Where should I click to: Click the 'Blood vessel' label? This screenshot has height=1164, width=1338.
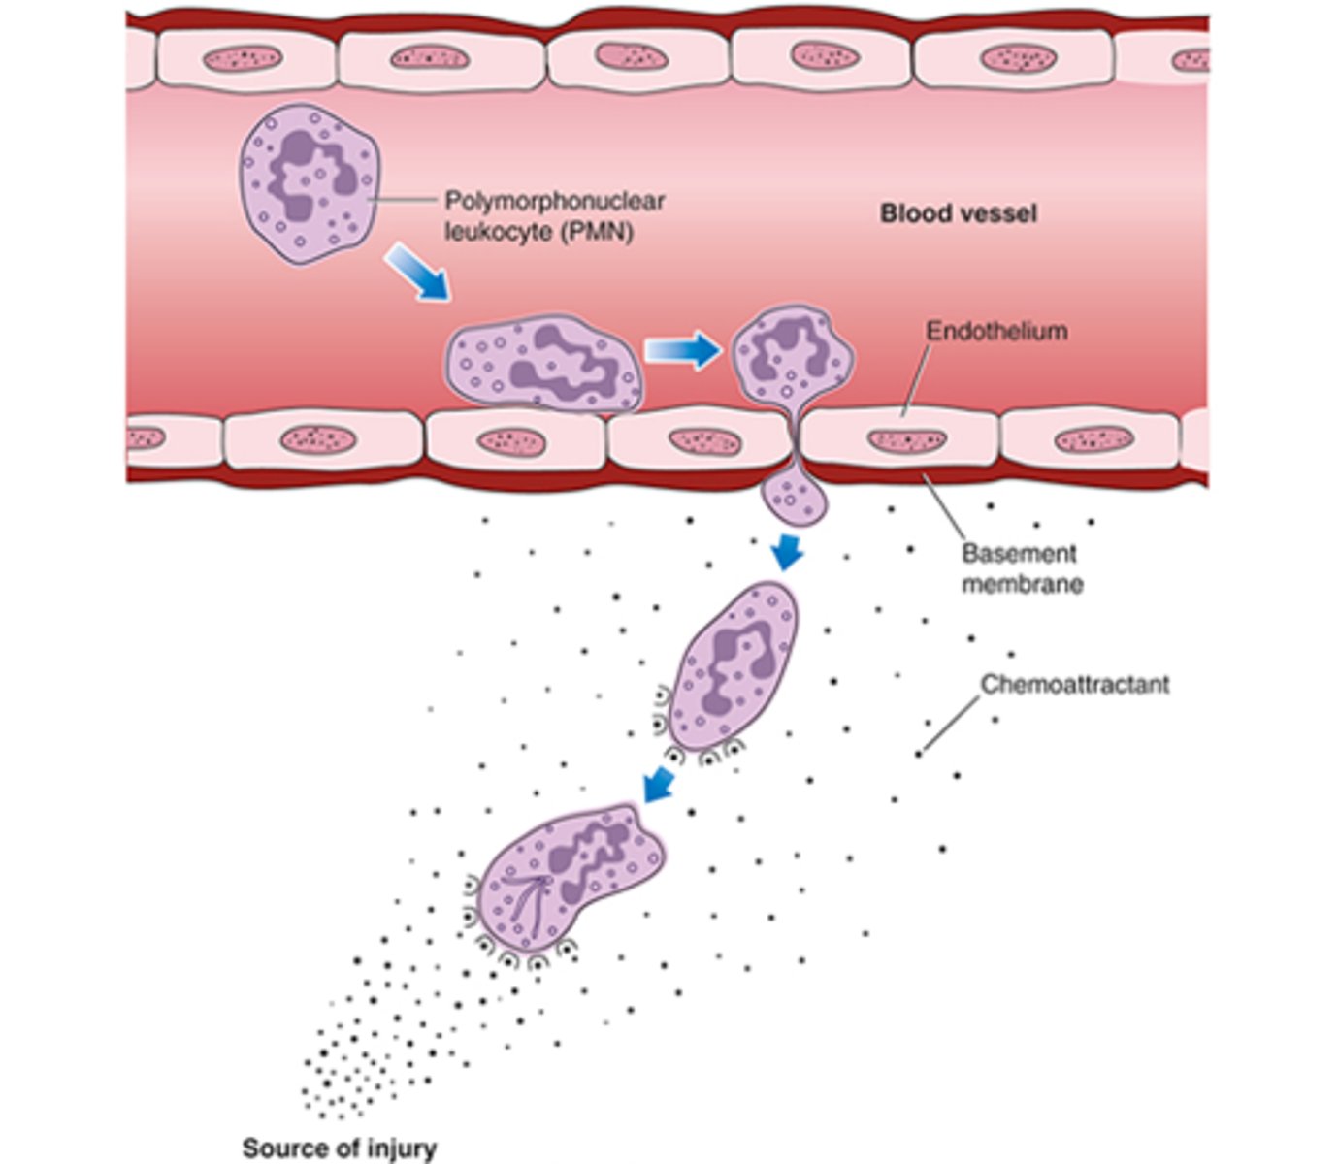[x=958, y=213]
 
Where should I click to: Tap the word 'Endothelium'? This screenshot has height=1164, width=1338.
[x=995, y=331]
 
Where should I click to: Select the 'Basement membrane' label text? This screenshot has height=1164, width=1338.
[x=1021, y=568]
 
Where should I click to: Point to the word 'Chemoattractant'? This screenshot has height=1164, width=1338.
[x=1074, y=684]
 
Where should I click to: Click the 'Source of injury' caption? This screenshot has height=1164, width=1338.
[x=339, y=1148]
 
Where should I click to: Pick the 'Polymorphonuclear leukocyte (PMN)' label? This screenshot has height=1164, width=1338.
[x=554, y=216]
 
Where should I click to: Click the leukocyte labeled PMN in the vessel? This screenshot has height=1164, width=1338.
[x=309, y=184]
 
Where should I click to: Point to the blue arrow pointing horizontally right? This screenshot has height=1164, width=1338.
[x=683, y=350]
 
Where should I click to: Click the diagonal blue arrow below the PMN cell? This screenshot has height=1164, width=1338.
[x=418, y=272]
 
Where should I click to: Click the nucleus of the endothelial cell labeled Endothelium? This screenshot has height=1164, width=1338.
[x=906, y=441]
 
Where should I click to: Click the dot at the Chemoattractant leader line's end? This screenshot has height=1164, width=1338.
[x=918, y=754]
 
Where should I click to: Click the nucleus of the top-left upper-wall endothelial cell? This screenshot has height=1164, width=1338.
[x=242, y=59]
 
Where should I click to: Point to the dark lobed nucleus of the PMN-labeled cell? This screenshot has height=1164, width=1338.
[x=309, y=175]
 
